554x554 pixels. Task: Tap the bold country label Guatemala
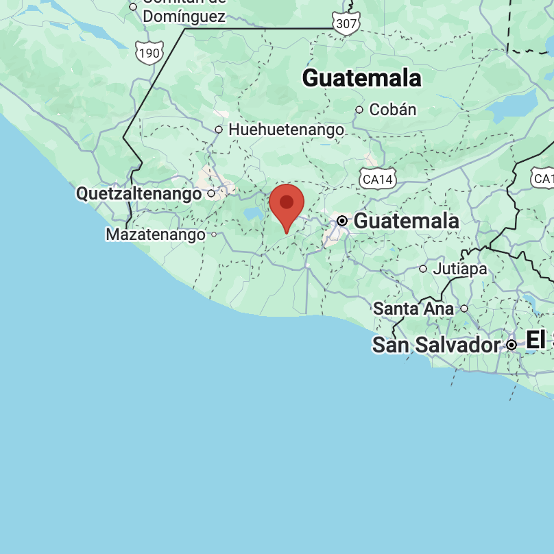361,78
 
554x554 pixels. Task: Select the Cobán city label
392,110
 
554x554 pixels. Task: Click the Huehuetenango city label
286,129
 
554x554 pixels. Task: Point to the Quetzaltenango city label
139,194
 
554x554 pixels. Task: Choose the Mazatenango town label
155,235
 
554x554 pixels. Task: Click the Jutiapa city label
459,269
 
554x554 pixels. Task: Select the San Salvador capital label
436,345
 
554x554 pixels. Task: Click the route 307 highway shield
346,25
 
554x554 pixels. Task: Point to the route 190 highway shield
149,52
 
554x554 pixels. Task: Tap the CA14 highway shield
378,180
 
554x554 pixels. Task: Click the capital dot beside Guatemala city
342,221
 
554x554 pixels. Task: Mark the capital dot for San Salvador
511,345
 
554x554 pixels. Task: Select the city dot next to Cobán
359,110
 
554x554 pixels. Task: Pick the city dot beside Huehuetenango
219,129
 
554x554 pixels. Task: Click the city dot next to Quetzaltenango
211,194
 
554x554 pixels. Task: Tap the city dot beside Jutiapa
423,269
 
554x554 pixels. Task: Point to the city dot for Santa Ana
464,309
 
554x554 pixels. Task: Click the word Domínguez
183,16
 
